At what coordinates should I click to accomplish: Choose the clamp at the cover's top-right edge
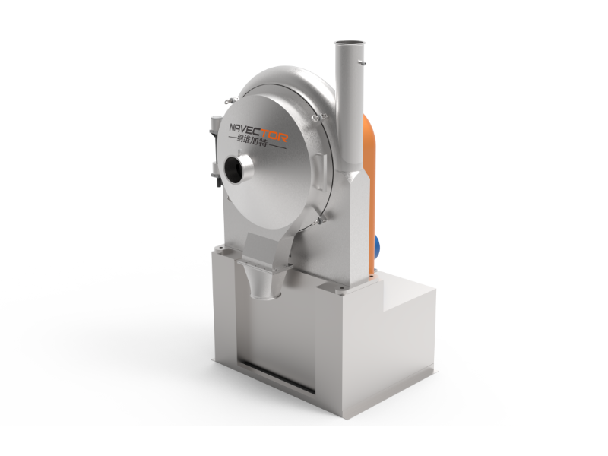tap(325, 116)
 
